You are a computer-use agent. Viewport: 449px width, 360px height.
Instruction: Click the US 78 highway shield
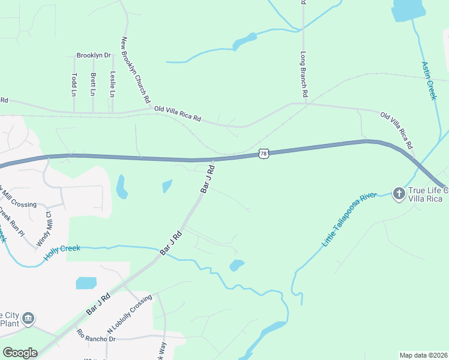click(264, 154)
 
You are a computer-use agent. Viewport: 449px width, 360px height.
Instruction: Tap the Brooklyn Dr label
click(94, 56)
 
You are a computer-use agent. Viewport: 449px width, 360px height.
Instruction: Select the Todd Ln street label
click(74, 85)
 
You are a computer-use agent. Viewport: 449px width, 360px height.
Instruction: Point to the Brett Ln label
click(92, 85)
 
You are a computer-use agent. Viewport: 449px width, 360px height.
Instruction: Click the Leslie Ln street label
click(112, 85)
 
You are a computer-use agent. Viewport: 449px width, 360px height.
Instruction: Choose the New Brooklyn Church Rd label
click(135, 70)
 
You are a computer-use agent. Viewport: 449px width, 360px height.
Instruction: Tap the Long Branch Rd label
click(304, 74)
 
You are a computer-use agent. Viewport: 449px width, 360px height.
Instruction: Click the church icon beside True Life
click(398, 193)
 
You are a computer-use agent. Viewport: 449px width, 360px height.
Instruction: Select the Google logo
click(20, 353)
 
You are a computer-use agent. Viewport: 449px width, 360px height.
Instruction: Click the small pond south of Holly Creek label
click(86, 283)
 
